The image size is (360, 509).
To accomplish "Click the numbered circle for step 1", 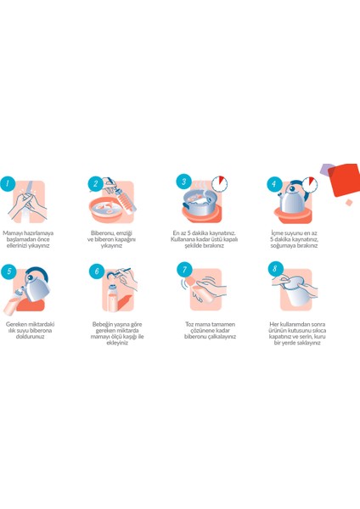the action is pos(8,184).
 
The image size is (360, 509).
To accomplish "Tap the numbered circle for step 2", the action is pos(96,184).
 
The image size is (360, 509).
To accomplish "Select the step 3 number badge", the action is pos(184,182).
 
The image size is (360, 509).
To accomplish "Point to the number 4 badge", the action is pos(274,184).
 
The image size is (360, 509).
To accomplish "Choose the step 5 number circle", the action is pos(8,271).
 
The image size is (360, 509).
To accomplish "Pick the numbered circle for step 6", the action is pos(97,271).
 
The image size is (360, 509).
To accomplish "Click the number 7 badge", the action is pos(184,270).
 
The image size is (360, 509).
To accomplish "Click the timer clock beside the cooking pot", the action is pos(220,184).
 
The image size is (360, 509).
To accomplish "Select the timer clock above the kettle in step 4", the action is pos(310,184).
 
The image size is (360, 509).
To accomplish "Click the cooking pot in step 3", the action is pos(200,202).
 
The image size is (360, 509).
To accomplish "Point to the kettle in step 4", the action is pos(291,198).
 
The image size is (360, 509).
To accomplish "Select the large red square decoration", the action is pos(344,180).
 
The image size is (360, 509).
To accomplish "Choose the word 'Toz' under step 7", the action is pos(189,324).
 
